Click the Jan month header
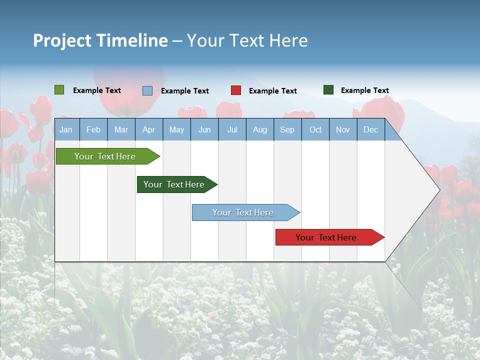coord(66,130)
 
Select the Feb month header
coord(93,130)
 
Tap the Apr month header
coord(148,130)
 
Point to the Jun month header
coord(204,130)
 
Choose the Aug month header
coord(259,130)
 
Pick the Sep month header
coord(287,130)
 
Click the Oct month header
coord(315,130)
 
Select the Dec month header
coord(370,130)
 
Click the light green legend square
coord(59,90)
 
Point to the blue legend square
coord(147,90)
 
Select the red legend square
coord(236,90)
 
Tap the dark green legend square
coord(328,90)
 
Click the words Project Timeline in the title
coord(100,40)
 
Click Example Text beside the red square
coord(272,91)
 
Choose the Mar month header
coord(121,130)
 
